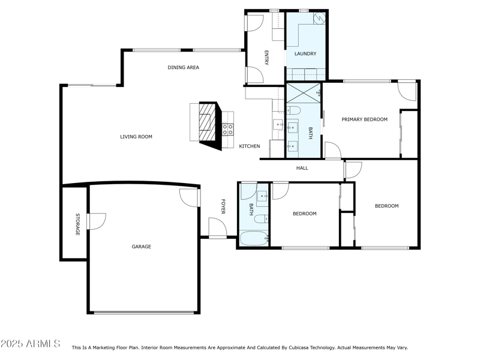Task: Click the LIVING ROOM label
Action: [x=136, y=137]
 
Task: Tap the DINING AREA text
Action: [x=183, y=68]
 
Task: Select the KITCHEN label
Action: [x=250, y=146]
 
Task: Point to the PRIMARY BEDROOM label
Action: [x=364, y=119]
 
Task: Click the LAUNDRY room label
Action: [x=305, y=54]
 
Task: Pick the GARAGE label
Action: [x=142, y=247]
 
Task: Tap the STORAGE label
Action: [x=77, y=224]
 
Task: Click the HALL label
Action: [x=302, y=168]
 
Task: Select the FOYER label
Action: [x=223, y=207]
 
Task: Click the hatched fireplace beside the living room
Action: [x=206, y=122]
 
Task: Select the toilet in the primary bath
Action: [x=292, y=110]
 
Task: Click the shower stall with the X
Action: [x=303, y=94]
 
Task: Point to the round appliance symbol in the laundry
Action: [x=320, y=17]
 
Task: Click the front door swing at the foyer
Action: [x=217, y=228]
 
